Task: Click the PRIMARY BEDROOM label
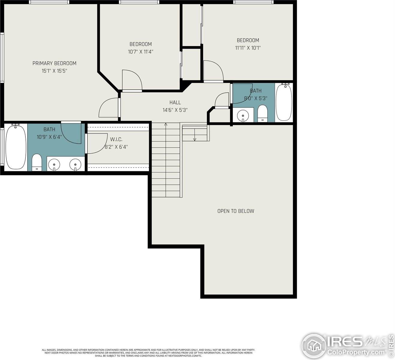click(x=54, y=63)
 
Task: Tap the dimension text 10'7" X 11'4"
click(x=141, y=52)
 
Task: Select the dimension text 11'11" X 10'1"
click(x=248, y=48)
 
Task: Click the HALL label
click(x=175, y=103)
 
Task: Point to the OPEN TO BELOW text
click(x=236, y=211)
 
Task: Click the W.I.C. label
click(x=116, y=139)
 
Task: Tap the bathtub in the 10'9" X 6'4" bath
click(x=16, y=147)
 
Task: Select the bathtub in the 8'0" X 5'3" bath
click(x=284, y=102)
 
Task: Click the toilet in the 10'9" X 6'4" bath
click(x=37, y=162)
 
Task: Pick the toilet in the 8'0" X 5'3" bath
click(x=263, y=113)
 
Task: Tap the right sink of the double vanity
click(x=76, y=164)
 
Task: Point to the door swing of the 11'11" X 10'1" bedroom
click(x=213, y=71)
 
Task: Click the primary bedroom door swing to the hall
click(x=108, y=108)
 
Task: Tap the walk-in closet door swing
click(x=97, y=143)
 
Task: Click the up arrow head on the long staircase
click(x=166, y=124)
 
